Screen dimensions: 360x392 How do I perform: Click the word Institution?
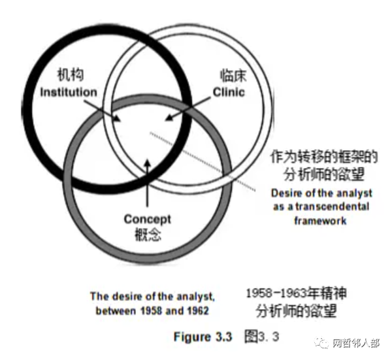pos(68,92)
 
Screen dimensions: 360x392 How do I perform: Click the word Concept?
pos(147,220)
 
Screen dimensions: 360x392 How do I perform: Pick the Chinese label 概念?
pos(147,233)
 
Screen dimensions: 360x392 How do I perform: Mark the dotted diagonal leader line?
pos(203,160)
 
